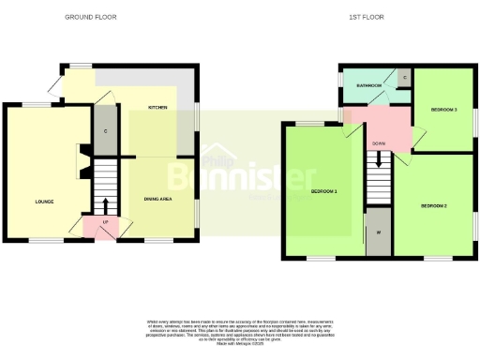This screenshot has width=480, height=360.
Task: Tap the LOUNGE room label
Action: click(44, 202)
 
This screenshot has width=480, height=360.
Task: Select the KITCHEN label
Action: click(157, 109)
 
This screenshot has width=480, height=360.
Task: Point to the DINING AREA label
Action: click(157, 199)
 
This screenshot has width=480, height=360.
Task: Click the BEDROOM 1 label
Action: click(323, 192)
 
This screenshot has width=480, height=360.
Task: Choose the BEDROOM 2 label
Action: click(433, 205)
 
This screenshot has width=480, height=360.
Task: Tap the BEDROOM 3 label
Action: click(443, 110)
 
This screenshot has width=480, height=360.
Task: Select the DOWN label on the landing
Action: click(379, 143)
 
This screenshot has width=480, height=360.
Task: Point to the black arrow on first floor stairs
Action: click(379, 159)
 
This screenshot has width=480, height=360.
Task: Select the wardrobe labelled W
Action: click(379, 232)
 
